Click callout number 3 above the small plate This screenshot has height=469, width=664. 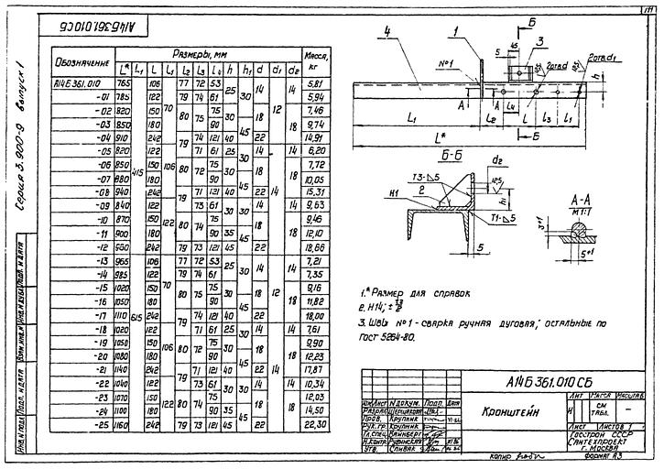pos(542,40)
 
